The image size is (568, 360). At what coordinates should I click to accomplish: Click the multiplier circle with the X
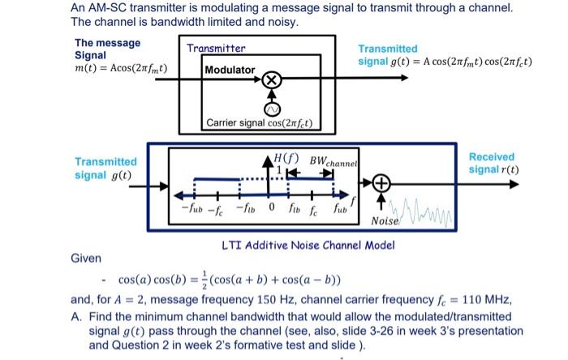pyautogui.click(x=273, y=80)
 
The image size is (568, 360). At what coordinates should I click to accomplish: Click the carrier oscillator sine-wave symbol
pyautogui.click(x=273, y=108)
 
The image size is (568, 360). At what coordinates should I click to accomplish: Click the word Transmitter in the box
pyautogui.click(x=216, y=49)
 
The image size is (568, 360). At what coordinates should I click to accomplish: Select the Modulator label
pyautogui.click(x=230, y=71)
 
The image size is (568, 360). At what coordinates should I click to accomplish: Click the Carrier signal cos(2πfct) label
pyautogui.click(x=263, y=124)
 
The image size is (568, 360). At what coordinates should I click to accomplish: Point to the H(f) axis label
pyautogui.click(x=286, y=159)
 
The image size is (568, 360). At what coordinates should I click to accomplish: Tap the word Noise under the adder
pyautogui.click(x=384, y=221)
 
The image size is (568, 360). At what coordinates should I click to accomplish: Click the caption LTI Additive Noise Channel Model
pyautogui.click(x=308, y=245)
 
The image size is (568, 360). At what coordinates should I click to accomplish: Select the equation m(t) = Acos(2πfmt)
pyautogui.click(x=121, y=67)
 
